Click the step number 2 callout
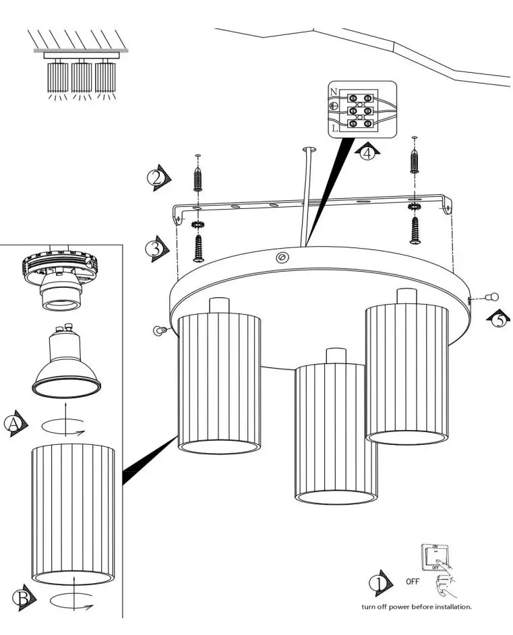(156, 177)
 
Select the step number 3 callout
(154, 248)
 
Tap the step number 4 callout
(367, 153)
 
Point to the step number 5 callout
(497, 319)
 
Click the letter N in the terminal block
(334, 92)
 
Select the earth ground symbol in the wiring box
(334, 107)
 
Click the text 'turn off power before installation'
(416, 607)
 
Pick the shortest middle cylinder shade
(335, 431)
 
